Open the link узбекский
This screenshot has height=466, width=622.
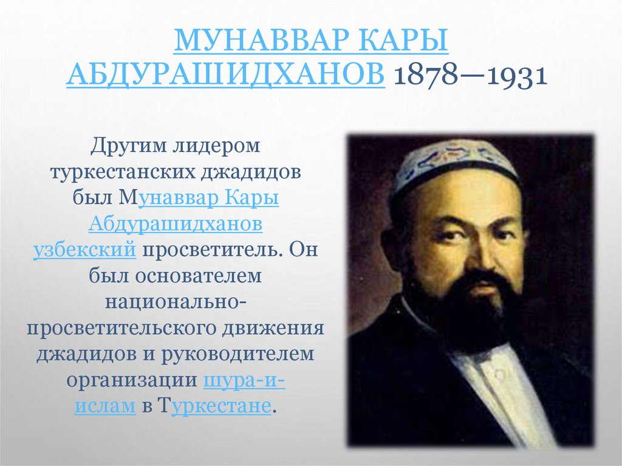[x=83, y=250]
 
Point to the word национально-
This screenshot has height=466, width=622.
[x=176, y=302]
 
